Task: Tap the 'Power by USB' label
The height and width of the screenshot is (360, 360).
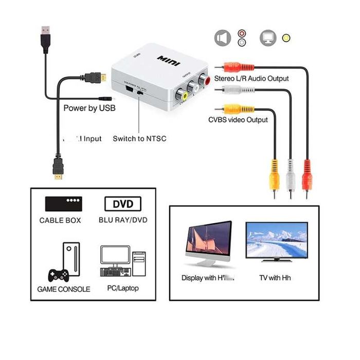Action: [x=89, y=108]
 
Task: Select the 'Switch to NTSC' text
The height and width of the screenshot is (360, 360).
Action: [x=139, y=138]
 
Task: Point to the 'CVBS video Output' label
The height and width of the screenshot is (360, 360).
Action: [x=238, y=120]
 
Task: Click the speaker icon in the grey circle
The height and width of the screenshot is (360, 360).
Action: [x=222, y=38]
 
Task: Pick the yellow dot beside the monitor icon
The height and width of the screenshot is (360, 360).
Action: [x=286, y=38]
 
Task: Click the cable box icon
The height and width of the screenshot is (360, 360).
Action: [x=63, y=204]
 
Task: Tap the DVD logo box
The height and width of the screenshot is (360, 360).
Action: [x=123, y=204]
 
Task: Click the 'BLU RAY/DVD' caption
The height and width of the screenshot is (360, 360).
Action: [x=123, y=220]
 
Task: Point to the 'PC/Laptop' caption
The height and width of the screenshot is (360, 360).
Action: [x=122, y=289]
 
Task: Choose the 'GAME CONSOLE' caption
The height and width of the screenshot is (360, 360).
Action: [x=63, y=289]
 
